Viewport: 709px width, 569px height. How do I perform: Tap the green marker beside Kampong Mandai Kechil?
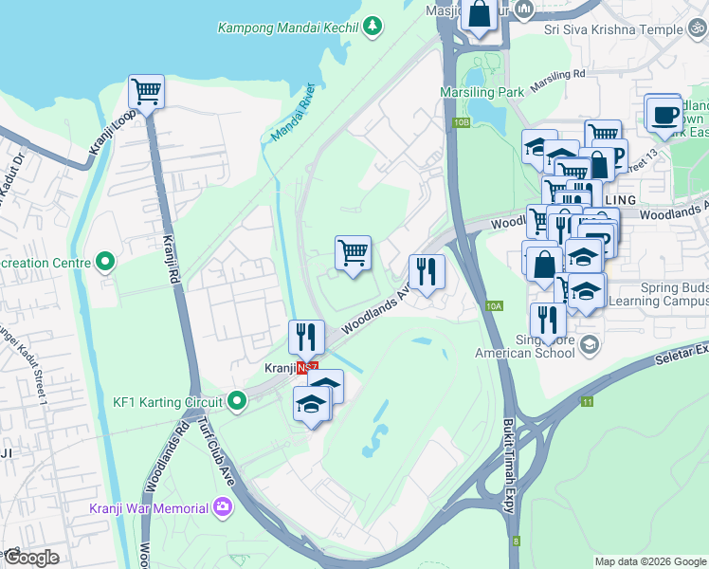(x=374, y=25)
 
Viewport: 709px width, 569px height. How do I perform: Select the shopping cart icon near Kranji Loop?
(x=146, y=92)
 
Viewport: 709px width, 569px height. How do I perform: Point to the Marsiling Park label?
(x=482, y=92)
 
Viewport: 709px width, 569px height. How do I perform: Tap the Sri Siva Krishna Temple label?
(x=612, y=29)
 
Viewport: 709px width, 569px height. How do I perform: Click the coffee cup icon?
(x=664, y=115)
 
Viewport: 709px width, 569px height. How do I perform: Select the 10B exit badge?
(x=462, y=122)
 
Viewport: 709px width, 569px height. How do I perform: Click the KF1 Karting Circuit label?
(x=167, y=401)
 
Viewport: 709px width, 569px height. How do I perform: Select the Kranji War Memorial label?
(x=148, y=508)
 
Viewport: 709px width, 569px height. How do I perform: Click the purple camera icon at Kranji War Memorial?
(x=224, y=505)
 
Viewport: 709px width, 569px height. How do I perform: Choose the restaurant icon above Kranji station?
(x=306, y=336)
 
